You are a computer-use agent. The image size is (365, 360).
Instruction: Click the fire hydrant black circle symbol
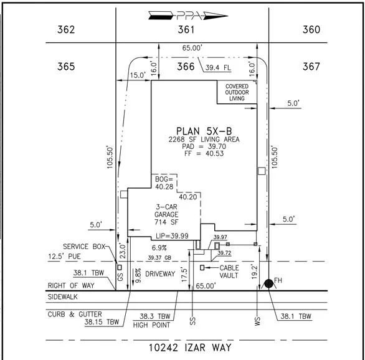[268, 283]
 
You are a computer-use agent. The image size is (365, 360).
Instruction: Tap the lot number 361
[186, 29]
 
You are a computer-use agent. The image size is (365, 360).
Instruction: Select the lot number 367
[311, 67]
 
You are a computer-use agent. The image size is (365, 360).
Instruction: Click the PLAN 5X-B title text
[204, 131]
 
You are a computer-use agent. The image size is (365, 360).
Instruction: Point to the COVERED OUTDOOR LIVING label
[237, 92]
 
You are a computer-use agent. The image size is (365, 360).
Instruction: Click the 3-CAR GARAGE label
[166, 211]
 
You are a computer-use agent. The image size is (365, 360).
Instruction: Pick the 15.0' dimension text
[138, 75]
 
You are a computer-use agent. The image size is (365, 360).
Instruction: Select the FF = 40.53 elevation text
[204, 153]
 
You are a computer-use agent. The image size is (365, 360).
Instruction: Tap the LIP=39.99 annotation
[172, 236]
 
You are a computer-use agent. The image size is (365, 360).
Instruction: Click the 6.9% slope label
[159, 248]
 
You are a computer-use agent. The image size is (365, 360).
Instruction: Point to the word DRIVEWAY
[160, 274]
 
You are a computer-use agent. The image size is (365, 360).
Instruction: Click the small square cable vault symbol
[202, 268]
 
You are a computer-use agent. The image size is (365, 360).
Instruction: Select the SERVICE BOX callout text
[84, 247]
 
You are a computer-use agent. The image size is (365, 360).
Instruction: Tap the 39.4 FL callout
[218, 68]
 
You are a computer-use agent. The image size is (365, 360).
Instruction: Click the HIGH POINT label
[151, 325]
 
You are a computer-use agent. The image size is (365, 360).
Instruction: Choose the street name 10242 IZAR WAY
[190, 348]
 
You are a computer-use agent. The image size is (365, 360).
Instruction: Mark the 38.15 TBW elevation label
[102, 322]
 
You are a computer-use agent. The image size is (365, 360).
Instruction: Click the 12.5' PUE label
[64, 257]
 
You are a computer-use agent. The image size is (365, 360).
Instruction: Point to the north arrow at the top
[188, 16]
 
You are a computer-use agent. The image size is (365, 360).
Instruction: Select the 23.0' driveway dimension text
[123, 251]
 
